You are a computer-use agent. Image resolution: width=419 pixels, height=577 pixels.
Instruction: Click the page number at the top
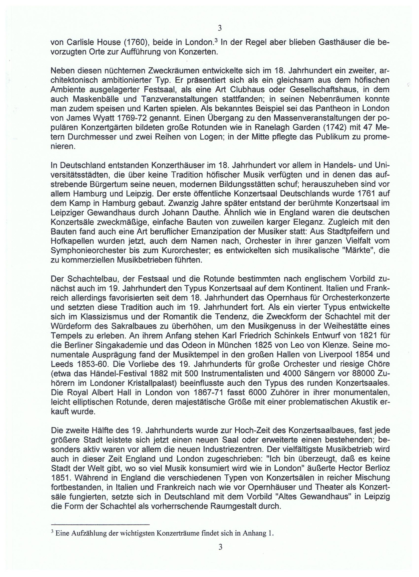pos(220,28)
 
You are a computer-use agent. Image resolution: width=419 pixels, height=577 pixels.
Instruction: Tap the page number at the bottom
pos(220,547)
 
